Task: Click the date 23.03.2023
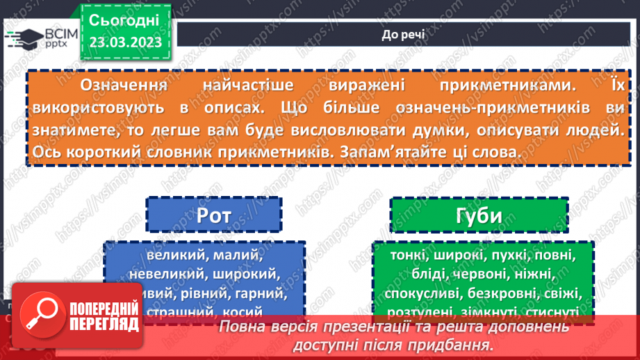pyautogui.click(x=125, y=42)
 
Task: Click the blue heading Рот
pyautogui.click(x=214, y=216)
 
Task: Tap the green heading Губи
pyautogui.click(x=478, y=216)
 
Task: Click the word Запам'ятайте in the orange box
pyautogui.click(x=425, y=151)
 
